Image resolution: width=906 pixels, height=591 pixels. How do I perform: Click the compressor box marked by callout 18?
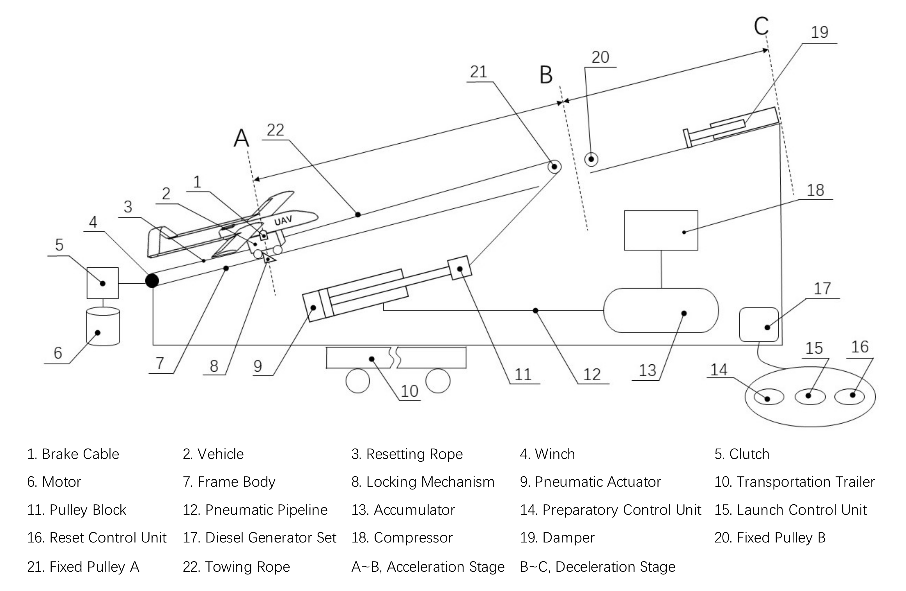click(x=660, y=230)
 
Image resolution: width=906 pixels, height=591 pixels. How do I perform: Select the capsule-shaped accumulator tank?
click(x=660, y=311)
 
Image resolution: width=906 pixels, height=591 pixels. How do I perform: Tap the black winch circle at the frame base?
click(x=152, y=280)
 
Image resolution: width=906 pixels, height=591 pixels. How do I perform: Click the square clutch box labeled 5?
click(x=102, y=283)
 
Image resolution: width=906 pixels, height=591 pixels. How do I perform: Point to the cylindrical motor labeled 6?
click(x=103, y=326)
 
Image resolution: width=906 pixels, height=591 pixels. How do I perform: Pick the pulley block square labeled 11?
click(x=460, y=268)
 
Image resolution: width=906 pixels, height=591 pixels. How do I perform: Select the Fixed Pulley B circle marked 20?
click(x=591, y=159)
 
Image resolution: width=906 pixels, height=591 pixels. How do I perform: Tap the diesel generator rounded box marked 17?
click(x=759, y=325)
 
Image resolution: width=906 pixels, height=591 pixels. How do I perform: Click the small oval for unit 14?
click(x=769, y=397)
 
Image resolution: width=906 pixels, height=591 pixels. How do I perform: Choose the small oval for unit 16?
click(x=849, y=396)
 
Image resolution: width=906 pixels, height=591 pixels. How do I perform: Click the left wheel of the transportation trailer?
click(x=357, y=381)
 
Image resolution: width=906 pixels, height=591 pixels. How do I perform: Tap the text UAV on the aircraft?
click(x=283, y=221)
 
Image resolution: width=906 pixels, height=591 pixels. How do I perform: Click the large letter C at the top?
click(x=761, y=26)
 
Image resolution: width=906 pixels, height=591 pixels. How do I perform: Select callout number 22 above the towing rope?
click(x=275, y=130)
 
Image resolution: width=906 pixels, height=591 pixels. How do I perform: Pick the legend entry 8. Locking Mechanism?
click(x=423, y=482)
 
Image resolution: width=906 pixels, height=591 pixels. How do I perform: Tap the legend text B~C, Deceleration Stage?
click(x=597, y=567)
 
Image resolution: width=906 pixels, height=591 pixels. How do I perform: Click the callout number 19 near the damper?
click(x=819, y=32)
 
